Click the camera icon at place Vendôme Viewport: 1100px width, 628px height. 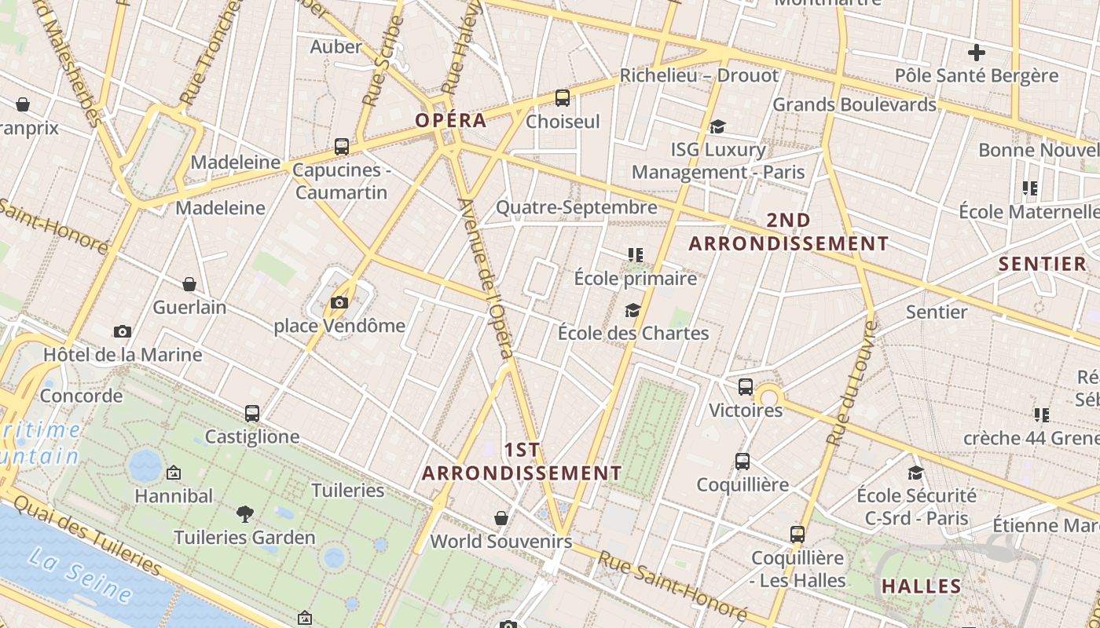(x=339, y=302)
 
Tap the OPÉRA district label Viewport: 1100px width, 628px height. (x=451, y=120)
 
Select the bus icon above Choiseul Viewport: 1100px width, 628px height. (x=563, y=98)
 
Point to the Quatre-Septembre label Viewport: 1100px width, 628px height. (x=576, y=207)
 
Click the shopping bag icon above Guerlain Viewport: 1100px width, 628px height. (x=189, y=284)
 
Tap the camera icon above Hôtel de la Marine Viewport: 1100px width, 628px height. (x=122, y=331)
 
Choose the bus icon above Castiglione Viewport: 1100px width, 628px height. (x=252, y=413)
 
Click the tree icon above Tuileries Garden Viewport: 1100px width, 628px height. (x=245, y=514)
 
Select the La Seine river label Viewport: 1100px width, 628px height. (x=79, y=576)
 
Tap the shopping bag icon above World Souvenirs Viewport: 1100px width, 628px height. (x=501, y=518)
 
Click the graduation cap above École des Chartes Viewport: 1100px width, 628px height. (x=632, y=310)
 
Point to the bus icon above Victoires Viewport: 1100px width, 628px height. (x=746, y=387)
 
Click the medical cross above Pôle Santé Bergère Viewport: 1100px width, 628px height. (x=977, y=53)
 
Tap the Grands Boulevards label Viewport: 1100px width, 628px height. (x=855, y=104)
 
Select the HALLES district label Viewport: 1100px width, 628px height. (x=922, y=586)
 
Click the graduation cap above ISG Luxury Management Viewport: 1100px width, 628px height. (x=717, y=126)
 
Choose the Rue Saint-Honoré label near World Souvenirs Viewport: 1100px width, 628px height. (x=672, y=586)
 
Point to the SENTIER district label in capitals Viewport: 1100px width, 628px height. (x=1042, y=264)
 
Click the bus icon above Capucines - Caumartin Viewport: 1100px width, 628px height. (x=342, y=147)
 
